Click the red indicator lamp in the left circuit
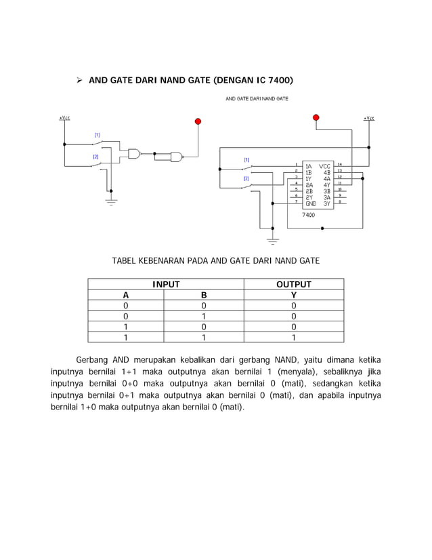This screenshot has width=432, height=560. pyautogui.click(x=198, y=122)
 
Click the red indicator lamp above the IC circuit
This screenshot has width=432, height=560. pyautogui.click(x=316, y=118)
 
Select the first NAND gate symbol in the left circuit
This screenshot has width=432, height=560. pyautogui.click(x=134, y=154)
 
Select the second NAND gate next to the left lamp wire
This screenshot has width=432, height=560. pyautogui.click(x=177, y=157)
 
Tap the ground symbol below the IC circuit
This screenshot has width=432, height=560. pyautogui.click(x=272, y=240)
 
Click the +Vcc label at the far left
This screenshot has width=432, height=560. pyautogui.click(x=64, y=118)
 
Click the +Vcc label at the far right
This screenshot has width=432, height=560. pyautogui.click(x=368, y=119)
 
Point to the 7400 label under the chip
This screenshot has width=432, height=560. pyautogui.click(x=308, y=215)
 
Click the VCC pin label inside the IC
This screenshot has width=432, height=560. pyautogui.click(x=324, y=165)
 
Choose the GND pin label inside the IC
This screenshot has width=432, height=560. pyautogui.click(x=310, y=203)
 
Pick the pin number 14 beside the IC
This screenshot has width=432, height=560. pyautogui.click(x=340, y=165)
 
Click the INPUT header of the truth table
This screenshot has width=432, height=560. pyautogui.click(x=165, y=285)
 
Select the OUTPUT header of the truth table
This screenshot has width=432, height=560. pyautogui.click(x=293, y=285)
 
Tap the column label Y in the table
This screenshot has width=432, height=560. pyautogui.click(x=293, y=296)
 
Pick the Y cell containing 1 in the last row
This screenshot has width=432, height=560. pyautogui.click(x=293, y=337)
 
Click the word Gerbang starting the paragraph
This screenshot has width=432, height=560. pyautogui.click(x=92, y=359)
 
